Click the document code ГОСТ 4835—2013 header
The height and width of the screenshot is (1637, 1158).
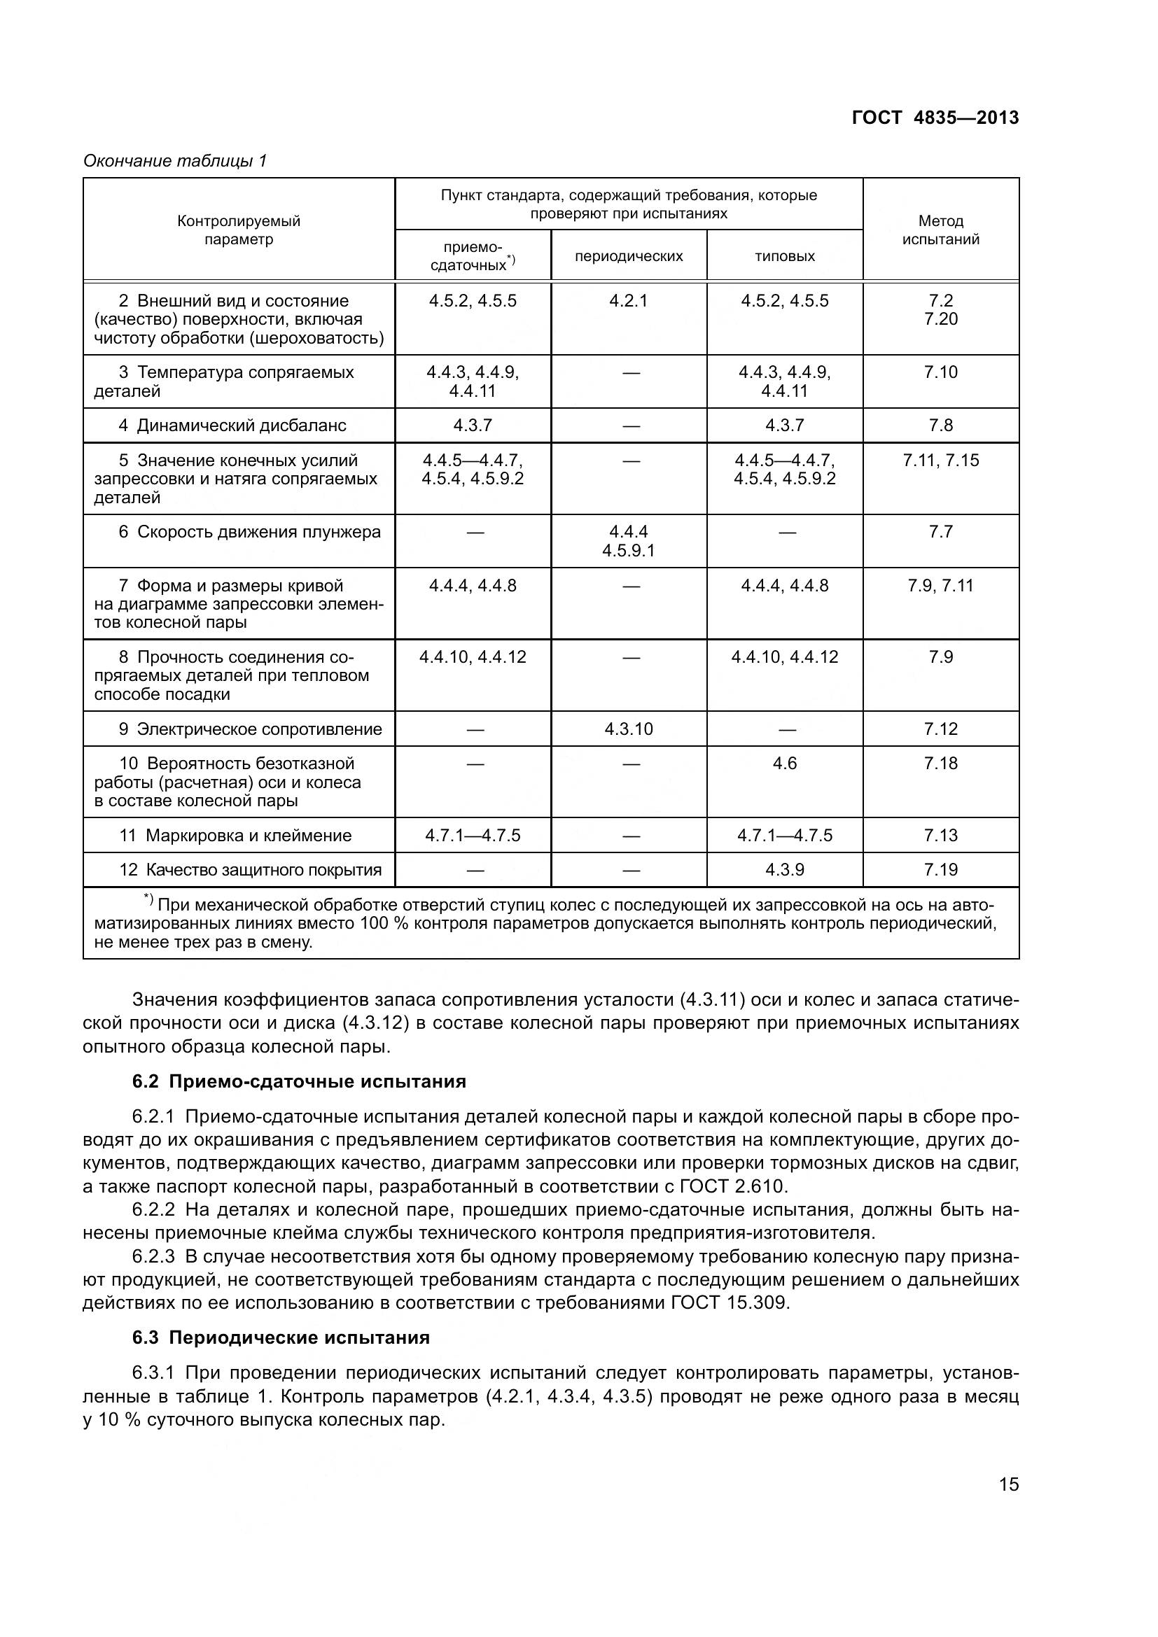(935, 118)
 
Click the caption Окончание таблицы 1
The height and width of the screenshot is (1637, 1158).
(175, 161)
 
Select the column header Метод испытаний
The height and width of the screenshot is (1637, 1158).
(940, 230)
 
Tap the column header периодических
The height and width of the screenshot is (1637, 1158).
(628, 256)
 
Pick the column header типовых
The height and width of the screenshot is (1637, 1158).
(784, 256)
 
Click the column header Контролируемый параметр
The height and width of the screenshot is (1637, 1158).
(239, 230)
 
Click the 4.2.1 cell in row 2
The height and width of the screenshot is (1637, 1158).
(628, 301)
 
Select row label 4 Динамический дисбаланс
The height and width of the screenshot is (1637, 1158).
(232, 426)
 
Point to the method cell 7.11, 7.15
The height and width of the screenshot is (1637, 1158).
(940, 461)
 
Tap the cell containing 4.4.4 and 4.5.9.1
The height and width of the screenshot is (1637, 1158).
(628, 541)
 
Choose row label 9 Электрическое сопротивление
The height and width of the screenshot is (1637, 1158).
(250, 729)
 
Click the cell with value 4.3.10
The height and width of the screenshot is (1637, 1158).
(628, 729)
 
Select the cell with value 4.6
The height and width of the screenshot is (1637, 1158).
(784, 764)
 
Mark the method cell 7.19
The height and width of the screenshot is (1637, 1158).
(940, 870)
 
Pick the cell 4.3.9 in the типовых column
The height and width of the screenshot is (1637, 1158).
(784, 870)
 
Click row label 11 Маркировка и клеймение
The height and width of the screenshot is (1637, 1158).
(235, 836)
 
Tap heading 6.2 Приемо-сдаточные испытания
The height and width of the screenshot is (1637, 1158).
(299, 1081)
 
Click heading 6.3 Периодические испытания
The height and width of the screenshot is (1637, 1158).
(281, 1337)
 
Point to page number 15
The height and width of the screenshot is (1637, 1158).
(1008, 1484)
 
